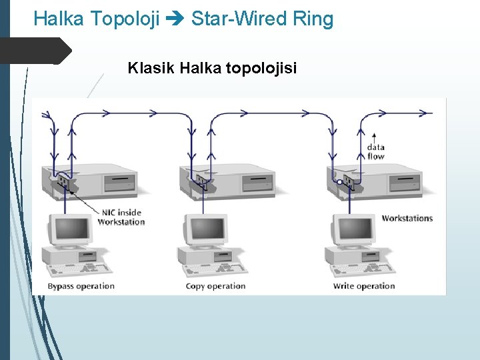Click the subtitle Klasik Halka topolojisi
212,68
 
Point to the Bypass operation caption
81,286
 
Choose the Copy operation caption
215,286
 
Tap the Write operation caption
364,286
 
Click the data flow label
375,152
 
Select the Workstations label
407,218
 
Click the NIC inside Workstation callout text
121,217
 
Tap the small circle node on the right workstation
339,181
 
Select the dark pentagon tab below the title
36,51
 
